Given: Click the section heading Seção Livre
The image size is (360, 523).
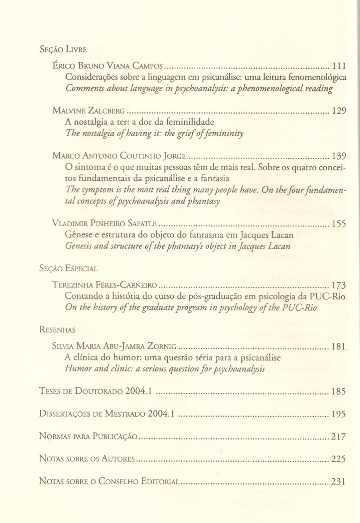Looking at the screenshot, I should [63, 49].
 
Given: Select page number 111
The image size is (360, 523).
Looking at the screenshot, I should [339, 66].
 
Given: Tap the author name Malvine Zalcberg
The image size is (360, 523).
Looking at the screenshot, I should [89, 111].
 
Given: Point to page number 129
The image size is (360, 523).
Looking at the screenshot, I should [339, 111].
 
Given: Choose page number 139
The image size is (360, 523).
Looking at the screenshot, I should [339, 156].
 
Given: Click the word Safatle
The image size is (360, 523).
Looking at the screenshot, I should [142, 224].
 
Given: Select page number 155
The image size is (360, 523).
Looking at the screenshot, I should [339, 224].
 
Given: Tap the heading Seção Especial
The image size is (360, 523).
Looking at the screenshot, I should [68, 269].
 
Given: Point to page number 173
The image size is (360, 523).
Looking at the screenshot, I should [339, 285].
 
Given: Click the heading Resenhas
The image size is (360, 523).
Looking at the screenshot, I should [57, 330].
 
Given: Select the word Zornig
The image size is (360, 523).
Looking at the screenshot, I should [162, 346].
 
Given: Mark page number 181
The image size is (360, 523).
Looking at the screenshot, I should [339, 346].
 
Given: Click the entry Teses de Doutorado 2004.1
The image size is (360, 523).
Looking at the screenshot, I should [96, 391].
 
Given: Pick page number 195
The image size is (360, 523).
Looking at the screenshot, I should [339, 414].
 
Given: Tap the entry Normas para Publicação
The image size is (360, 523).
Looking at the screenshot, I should [88, 436].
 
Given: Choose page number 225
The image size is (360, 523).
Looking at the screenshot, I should [338, 459].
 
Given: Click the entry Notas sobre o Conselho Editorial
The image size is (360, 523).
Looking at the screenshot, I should [110, 481].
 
